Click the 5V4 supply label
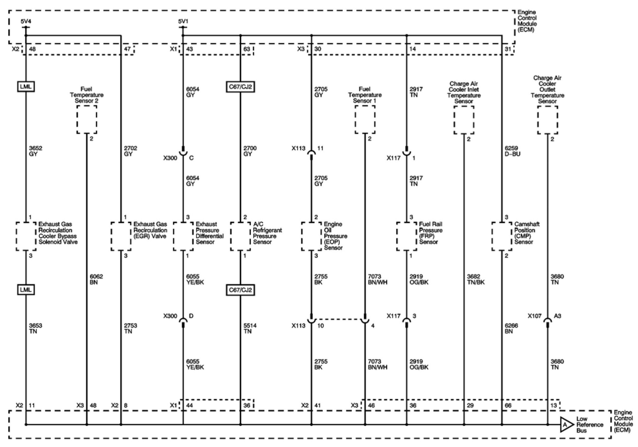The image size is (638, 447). (x=26, y=22)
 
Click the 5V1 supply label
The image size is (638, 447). (x=183, y=22)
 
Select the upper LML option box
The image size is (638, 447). (x=26, y=87)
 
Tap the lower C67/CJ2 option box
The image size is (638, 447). (x=240, y=290)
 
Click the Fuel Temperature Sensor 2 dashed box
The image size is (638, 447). (x=87, y=119)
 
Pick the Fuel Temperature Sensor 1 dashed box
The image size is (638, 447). (x=365, y=119)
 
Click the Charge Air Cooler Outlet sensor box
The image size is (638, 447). (x=547, y=120)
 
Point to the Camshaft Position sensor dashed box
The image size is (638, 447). (x=501, y=236)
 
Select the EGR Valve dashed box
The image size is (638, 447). (x=121, y=236)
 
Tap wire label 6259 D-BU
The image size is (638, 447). (x=512, y=151)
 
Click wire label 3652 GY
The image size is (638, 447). (x=35, y=151)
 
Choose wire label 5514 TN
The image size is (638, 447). (x=250, y=328)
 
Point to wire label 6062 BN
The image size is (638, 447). (x=96, y=279)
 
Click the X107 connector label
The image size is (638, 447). (x=534, y=316)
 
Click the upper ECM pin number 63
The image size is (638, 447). (x=246, y=49)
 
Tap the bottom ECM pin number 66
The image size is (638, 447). (x=508, y=405)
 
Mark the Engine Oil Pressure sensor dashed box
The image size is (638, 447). (x=311, y=236)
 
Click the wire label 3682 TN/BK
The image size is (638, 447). (x=475, y=279)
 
